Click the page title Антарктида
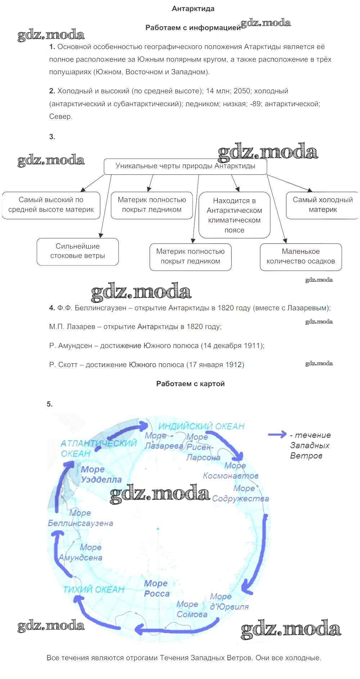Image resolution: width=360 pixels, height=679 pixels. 193,9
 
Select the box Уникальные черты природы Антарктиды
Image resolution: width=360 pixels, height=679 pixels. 185,166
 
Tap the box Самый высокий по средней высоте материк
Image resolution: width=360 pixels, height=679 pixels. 51,205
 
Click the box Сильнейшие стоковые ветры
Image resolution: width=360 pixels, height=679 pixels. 78,251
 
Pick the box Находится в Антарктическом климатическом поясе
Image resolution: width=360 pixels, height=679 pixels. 234,215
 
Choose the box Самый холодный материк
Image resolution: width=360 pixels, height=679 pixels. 323,205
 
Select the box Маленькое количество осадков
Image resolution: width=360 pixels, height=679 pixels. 301,256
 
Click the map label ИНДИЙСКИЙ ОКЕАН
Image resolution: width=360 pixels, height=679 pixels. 201,426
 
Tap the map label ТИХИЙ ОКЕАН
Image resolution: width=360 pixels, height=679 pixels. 94,590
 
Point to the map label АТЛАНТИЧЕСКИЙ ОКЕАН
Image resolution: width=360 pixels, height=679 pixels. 98,448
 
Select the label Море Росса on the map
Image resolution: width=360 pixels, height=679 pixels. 156,588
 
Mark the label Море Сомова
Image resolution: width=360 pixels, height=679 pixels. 192,609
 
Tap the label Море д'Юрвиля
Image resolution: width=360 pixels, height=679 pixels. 229,602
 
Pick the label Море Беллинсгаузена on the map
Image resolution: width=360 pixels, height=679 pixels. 81,518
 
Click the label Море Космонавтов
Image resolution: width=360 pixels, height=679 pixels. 231,470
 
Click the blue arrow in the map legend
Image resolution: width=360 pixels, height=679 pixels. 277,435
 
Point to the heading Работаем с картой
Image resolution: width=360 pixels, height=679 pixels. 190,384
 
